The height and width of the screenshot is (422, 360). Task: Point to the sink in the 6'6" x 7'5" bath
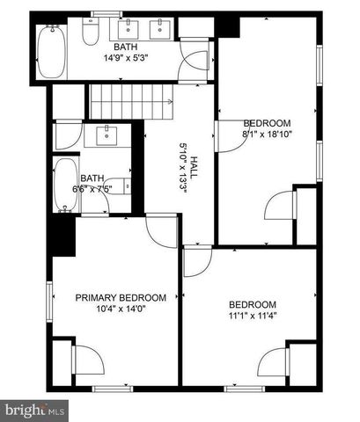[x=110, y=135]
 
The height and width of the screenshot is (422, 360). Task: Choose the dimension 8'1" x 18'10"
[x=267, y=134]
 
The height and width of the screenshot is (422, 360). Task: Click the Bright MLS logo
[x=34, y=410]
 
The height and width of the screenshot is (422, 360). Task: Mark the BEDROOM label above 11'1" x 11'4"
[x=253, y=304]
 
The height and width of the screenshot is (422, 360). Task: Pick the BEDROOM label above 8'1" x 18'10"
[x=266, y=123]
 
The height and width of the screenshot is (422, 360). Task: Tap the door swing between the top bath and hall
[x=196, y=61]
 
